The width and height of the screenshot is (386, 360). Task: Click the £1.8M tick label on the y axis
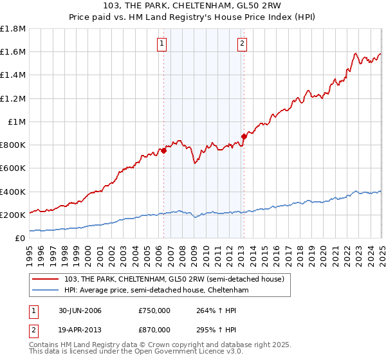13,29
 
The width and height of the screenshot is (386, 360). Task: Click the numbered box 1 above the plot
161,44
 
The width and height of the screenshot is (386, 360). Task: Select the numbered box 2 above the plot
242,44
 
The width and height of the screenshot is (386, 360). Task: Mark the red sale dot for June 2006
163,150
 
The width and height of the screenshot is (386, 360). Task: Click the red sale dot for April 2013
244,136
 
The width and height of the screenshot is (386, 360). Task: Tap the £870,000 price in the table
154,329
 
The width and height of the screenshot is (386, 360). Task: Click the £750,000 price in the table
154,310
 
